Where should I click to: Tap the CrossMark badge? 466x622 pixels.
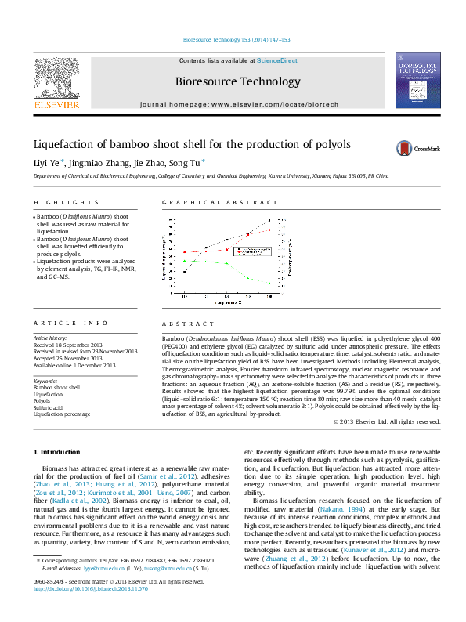pos(417,147)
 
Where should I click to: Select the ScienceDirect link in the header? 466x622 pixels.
pos(277,60)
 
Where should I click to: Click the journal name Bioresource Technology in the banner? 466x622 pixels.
pos(237,81)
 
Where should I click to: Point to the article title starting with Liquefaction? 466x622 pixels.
pos(192,145)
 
